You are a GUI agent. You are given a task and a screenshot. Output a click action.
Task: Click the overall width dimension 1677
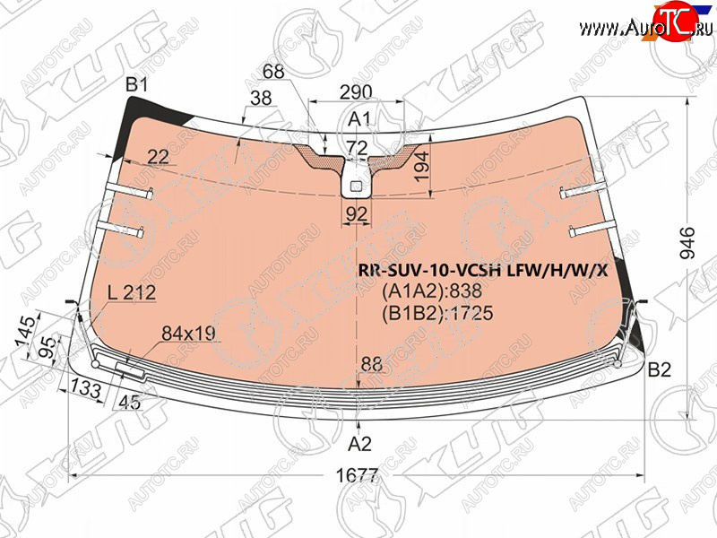[x=357, y=476]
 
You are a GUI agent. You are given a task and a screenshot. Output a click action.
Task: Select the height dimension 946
[x=687, y=243]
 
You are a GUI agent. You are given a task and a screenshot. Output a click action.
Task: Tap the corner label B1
[x=137, y=84]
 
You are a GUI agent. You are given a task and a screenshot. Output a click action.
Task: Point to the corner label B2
[x=660, y=369]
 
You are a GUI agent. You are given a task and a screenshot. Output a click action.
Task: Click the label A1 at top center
[x=359, y=119]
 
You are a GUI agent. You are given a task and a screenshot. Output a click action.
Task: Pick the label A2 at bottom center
[x=359, y=444]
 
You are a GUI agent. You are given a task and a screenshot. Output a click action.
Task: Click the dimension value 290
[x=356, y=92]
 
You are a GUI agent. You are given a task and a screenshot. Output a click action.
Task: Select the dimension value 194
[x=421, y=167]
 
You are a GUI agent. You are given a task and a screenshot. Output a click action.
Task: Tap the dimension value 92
[x=357, y=213]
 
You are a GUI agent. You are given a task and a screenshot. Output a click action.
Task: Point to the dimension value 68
[x=273, y=72]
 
